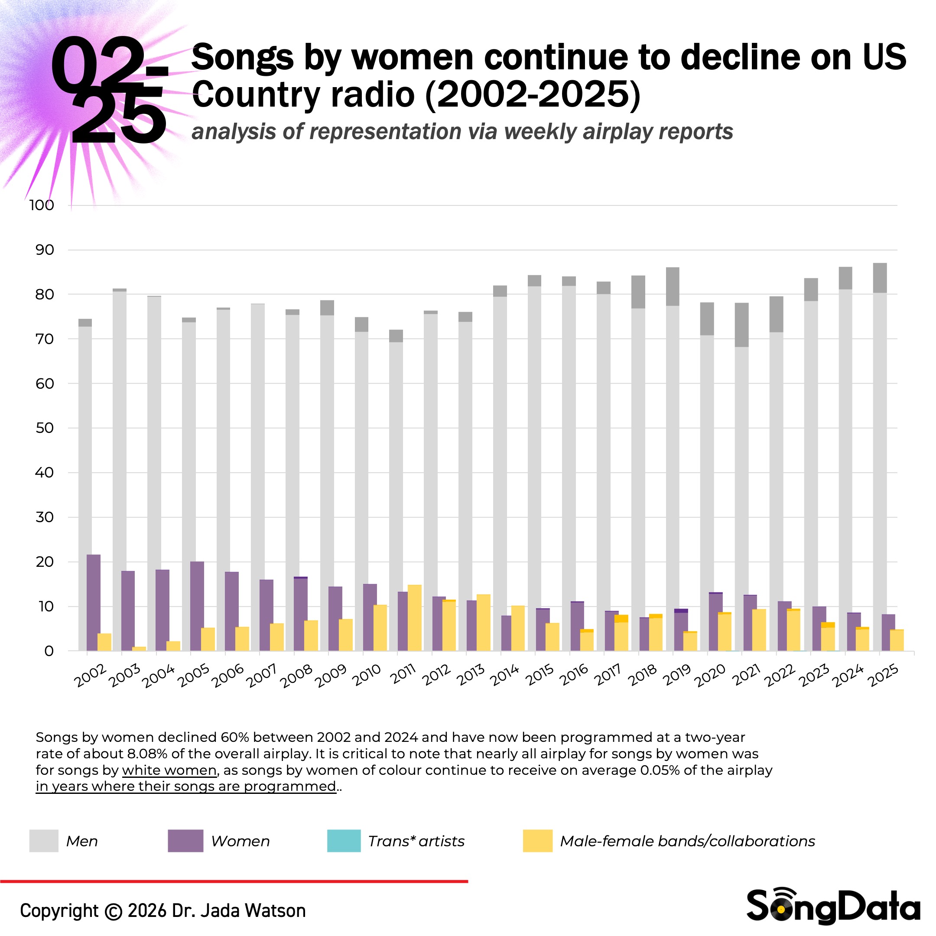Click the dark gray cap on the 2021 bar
(741, 325)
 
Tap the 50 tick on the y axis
(45, 428)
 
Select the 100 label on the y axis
(42, 205)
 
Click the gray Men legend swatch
(44, 841)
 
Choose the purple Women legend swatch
(185, 841)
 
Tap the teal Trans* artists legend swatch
(344, 841)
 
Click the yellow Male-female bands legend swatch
(537, 841)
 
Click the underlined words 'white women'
(169, 770)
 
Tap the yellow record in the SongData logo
(781, 911)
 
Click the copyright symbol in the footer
(114, 911)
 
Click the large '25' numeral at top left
(119, 119)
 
